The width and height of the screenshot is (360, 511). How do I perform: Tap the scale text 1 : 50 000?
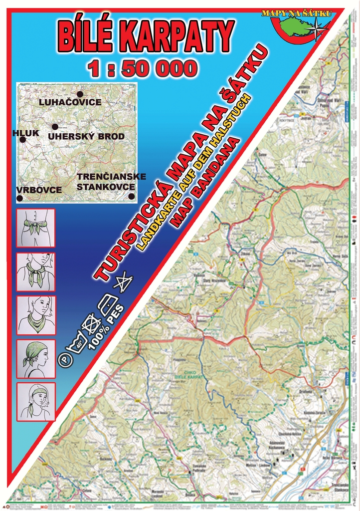[142, 68]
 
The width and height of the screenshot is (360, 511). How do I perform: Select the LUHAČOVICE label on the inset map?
[70, 102]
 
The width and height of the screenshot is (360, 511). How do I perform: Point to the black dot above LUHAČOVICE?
[79, 94]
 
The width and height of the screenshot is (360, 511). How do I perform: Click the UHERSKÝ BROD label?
[86, 136]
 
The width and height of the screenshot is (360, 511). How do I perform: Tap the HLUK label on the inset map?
[22, 133]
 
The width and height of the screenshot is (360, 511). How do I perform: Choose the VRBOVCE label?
[38, 190]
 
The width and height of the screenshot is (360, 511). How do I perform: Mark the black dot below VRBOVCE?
[20, 198]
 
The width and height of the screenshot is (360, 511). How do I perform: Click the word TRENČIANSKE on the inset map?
[111, 177]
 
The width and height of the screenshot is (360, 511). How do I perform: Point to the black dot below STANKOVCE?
[131, 196]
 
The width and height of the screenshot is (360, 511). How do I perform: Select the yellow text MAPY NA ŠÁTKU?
[297, 13]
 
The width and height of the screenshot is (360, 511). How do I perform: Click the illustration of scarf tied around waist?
[36, 228]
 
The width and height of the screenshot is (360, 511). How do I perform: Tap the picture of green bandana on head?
[36, 358]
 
